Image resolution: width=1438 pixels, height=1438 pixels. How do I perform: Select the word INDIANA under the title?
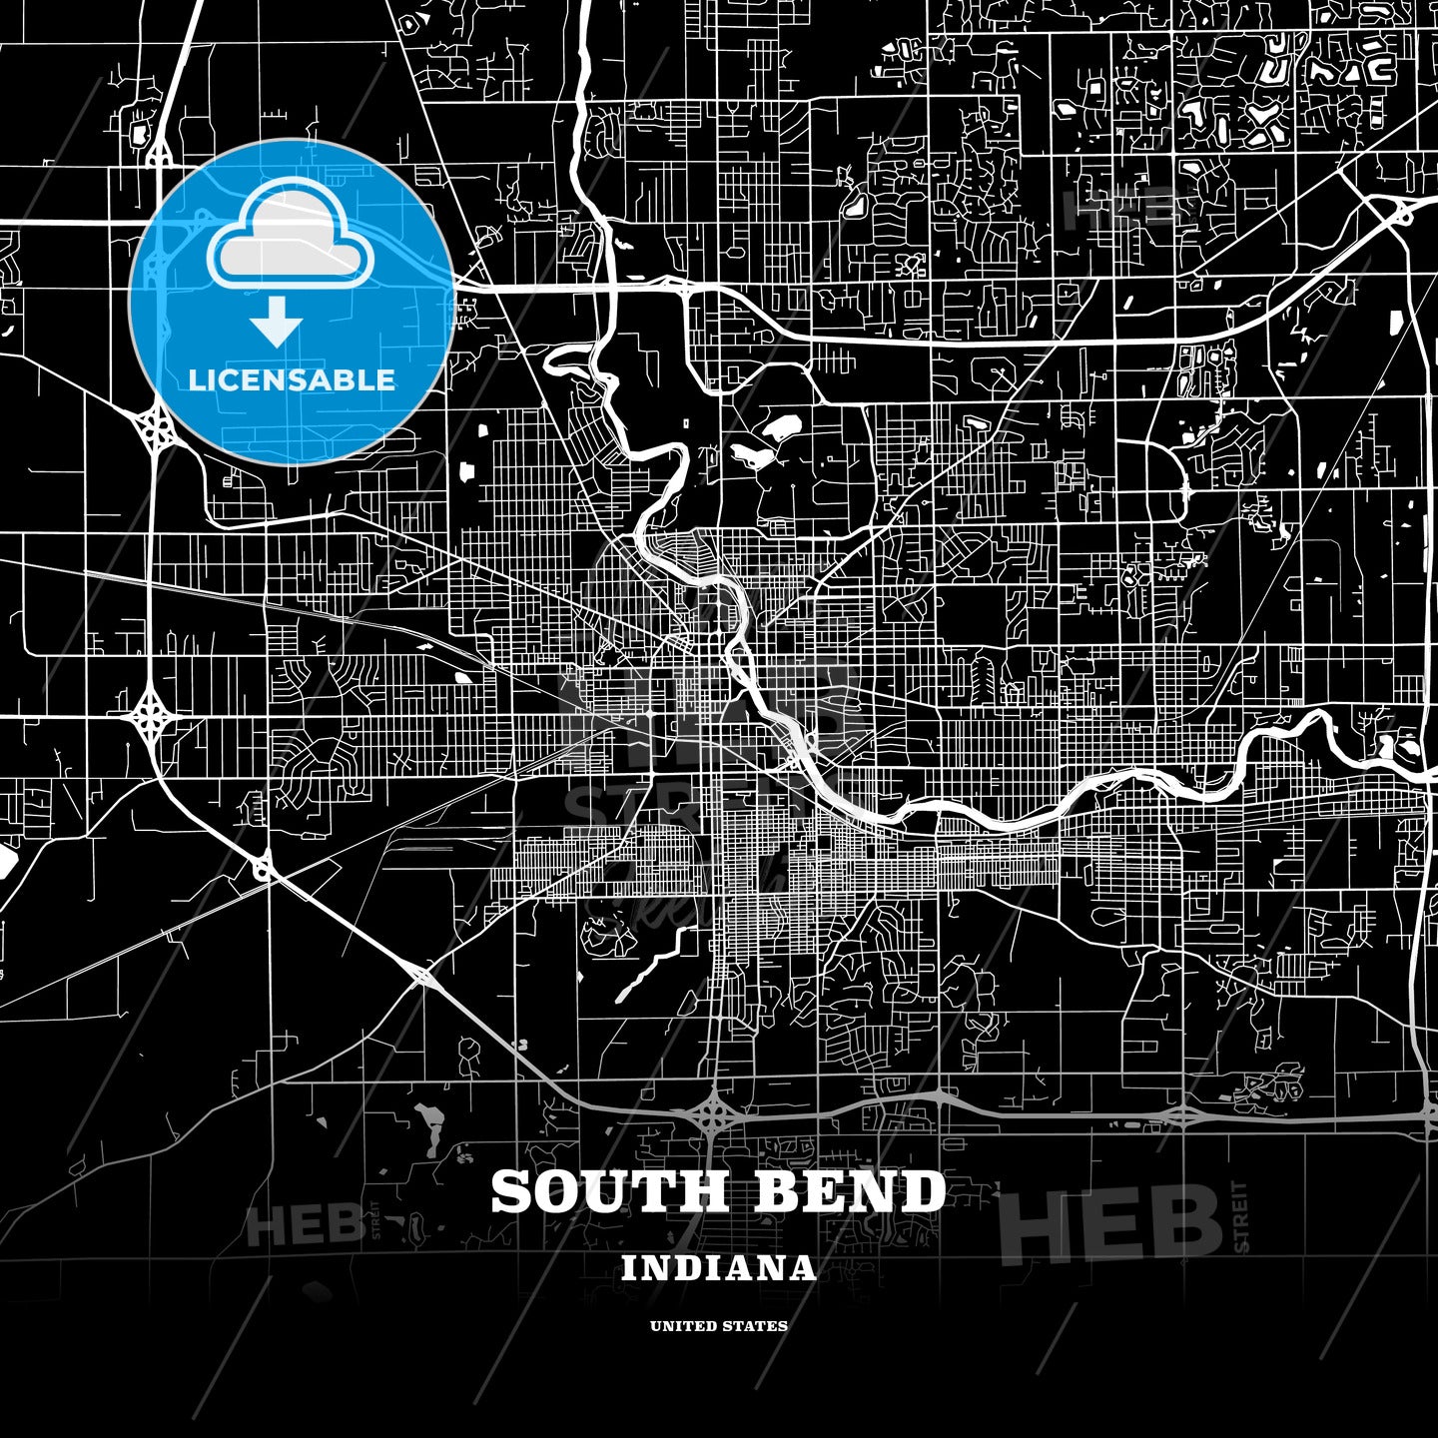click(x=718, y=1268)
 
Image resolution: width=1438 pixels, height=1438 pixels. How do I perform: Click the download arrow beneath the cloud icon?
click(x=277, y=324)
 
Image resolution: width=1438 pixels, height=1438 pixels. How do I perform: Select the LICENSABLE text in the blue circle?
click(x=292, y=379)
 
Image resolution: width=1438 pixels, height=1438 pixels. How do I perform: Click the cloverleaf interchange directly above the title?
click(x=713, y=1110)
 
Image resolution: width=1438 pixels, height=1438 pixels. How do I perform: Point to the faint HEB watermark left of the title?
click(x=305, y=1224)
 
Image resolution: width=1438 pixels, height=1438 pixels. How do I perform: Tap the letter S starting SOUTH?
click(x=510, y=1191)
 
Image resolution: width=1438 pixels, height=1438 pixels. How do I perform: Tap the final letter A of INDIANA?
click(x=805, y=1268)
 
